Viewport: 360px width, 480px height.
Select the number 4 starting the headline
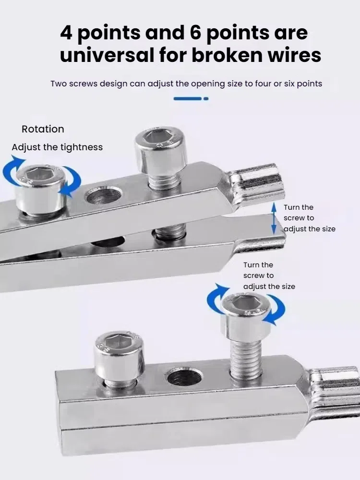pyautogui.click(x=67, y=33)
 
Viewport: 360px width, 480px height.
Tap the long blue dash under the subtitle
pyautogui.click(x=187, y=98)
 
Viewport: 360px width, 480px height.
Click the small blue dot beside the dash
pyautogui.click(x=206, y=98)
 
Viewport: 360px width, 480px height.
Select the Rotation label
pyautogui.click(x=43, y=129)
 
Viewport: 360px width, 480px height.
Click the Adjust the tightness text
pyautogui.click(x=57, y=147)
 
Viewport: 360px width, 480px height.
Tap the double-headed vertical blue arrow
pyautogui.click(x=274, y=217)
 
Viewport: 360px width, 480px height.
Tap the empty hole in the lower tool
pyautogui.click(x=184, y=377)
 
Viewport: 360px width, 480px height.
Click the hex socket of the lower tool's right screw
pyautogui.click(x=245, y=303)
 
